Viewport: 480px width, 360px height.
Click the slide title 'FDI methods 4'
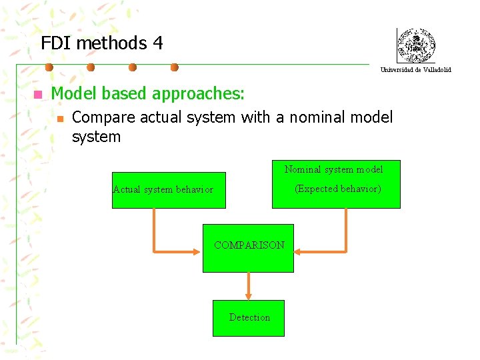pyautogui.click(x=101, y=43)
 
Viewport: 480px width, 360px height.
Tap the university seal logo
pyautogui.click(x=416, y=46)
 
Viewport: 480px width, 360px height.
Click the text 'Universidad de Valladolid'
pyautogui.click(x=416, y=69)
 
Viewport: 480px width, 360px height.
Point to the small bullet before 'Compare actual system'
pyautogui.click(x=59, y=119)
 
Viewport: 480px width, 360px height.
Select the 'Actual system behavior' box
pyautogui.click(x=169, y=190)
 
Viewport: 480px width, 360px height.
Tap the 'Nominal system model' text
pyautogui.click(x=333, y=169)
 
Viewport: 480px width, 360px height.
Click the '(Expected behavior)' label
pyautogui.click(x=338, y=189)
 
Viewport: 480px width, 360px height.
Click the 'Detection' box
pyautogui.click(x=249, y=318)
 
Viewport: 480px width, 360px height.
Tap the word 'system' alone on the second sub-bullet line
pyautogui.click(x=96, y=137)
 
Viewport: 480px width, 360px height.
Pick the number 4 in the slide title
pyautogui.click(x=157, y=43)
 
